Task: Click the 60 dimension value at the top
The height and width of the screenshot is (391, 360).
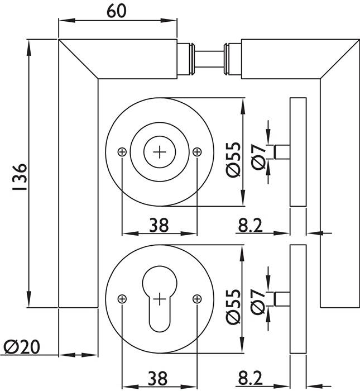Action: click(x=116, y=11)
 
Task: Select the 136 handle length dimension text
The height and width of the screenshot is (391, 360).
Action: click(x=18, y=178)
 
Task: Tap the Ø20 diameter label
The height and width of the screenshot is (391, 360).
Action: click(x=22, y=347)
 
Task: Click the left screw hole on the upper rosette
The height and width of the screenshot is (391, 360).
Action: click(x=123, y=152)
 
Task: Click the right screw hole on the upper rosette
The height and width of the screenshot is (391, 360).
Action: click(x=196, y=152)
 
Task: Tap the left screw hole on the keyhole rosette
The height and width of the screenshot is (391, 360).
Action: click(x=123, y=299)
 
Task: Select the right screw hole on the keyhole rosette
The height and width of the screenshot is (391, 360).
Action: click(x=196, y=299)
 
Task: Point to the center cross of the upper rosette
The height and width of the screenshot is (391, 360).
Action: click(x=160, y=151)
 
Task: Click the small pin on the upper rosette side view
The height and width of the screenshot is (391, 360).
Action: click(x=282, y=152)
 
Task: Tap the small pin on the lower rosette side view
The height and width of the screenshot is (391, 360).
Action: click(x=282, y=299)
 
